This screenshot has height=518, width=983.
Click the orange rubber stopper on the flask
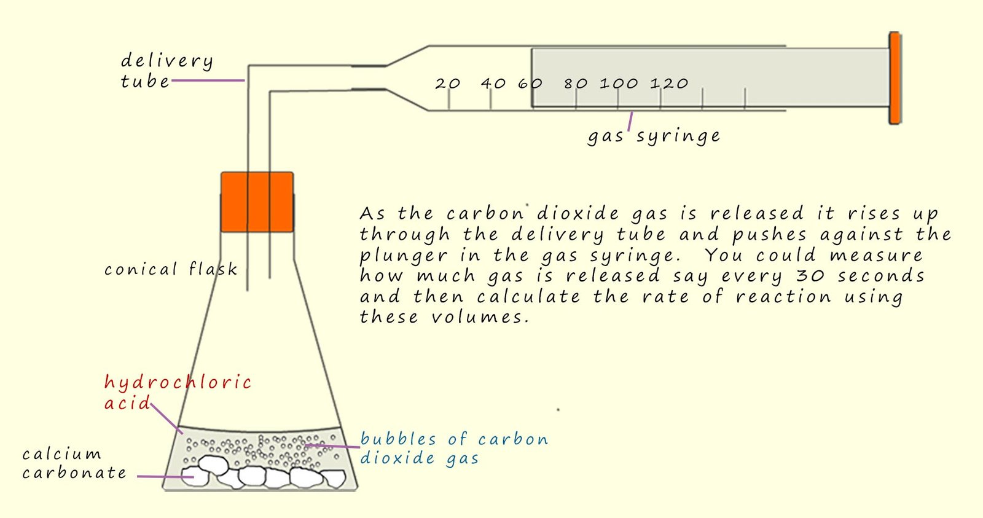pyautogui.click(x=257, y=202)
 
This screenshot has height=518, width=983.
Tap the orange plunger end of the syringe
pyautogui.click(x=895, y=78)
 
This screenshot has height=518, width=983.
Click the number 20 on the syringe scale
pyautogui.click(x=447, y=83)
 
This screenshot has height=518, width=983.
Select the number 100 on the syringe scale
pyautogui.click(x=619, y=83)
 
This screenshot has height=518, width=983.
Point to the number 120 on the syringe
pyautogui.click(x=669, y=83)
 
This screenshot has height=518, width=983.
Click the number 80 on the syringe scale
pyautogui.click(x=576, y=83)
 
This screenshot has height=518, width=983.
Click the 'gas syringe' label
pyautogui.click(x=654, y=136)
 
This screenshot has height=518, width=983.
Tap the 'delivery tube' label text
pyautogui.click(x=166, y=70)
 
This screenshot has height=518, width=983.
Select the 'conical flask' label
pyautogui.click(x=170, y=269)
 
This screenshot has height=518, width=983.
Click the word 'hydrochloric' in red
pyautogui.click(x=178, y=383)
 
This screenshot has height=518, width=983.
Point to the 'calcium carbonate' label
pyautogui.click(x=74, y=463)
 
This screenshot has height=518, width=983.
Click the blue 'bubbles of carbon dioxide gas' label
pyautogui.click(x=453, y=448)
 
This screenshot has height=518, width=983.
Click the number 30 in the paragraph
pyautogui.click(x=810, y=276)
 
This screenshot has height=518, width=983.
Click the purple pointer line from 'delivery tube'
pyautogui.click(x=208, y=80)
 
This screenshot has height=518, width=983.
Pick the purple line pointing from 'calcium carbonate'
pyautogui.click(x=161, y=476)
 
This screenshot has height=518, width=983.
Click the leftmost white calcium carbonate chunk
pyautogui.click(x=195, y=476)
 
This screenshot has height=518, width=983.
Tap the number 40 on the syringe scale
pyautogui.click(x=493, y=83)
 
